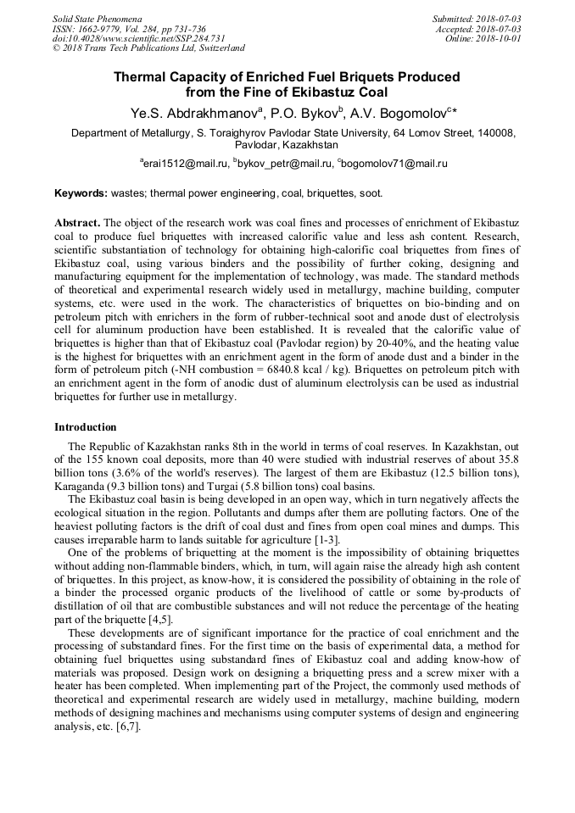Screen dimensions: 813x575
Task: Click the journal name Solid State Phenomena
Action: point(97,19)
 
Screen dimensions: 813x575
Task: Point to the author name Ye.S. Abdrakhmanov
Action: point(195,113)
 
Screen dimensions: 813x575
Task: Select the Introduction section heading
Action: point(86,427)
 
